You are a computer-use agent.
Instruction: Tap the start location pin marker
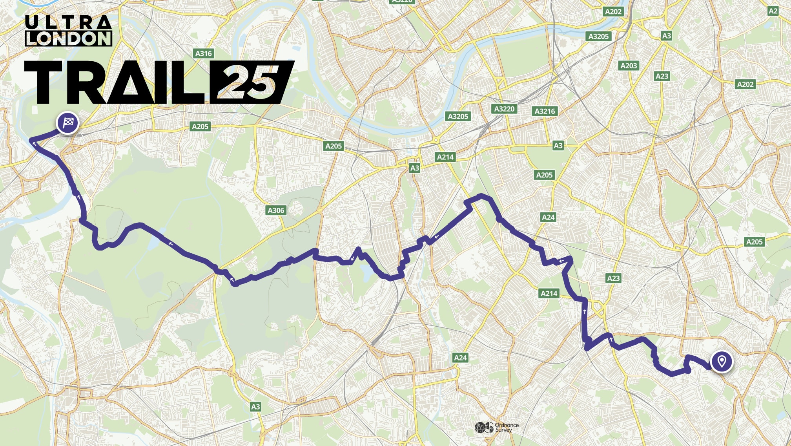click(722, 361)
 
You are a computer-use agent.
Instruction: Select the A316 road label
click(204, 53)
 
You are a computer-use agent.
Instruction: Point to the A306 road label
click(276, 210)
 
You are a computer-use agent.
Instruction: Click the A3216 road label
click(545, 111)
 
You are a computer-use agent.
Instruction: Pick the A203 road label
click(629, 66)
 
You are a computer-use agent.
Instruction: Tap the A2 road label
click(773, 11)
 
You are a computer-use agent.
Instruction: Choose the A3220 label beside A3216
click(504, 109)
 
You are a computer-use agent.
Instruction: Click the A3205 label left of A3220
click(458, 116)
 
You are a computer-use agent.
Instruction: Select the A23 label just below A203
click(662, 76)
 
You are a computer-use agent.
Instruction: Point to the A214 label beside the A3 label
click(445, 157)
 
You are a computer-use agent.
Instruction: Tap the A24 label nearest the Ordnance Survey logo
click(460, 358)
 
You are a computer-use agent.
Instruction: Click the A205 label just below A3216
click(544, 175)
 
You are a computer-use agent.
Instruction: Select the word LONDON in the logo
click(68, 38)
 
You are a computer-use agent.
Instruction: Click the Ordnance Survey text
click(507, 428)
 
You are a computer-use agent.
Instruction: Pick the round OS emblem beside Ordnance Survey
click(484, 428)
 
